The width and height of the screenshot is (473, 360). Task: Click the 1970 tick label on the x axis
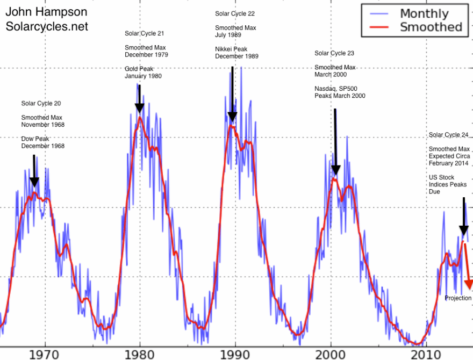click(x=45, y=354)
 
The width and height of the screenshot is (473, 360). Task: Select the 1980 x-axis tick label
click(x=140, y=354)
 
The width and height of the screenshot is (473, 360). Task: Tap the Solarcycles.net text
click(x=47, y=26)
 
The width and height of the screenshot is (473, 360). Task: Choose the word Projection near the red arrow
click(x=458, y=298)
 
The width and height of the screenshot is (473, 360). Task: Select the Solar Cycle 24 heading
click(x=449, y=134)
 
